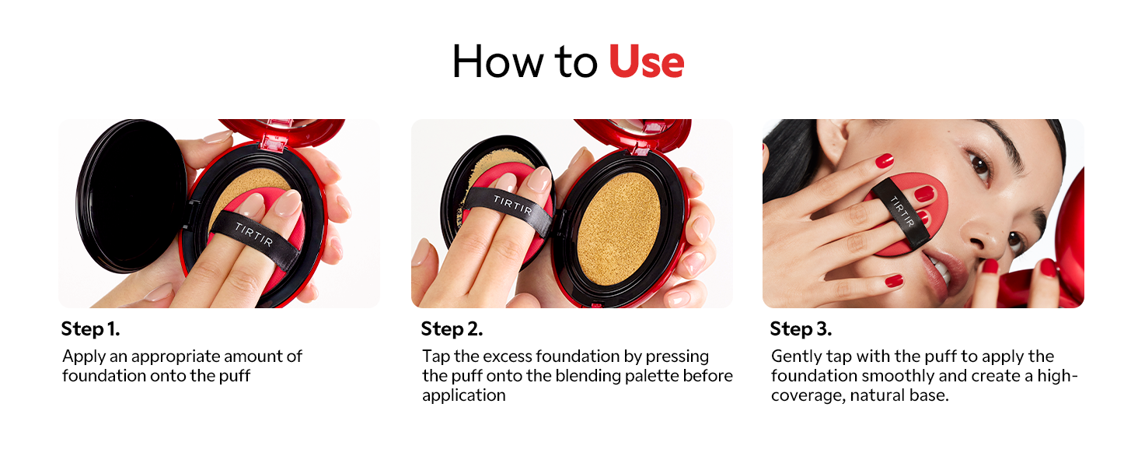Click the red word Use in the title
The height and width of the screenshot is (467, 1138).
(646, 61)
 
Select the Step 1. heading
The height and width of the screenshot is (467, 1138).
(90, 329)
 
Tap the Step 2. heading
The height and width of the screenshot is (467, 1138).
(452, 329)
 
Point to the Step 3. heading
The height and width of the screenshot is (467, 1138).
(801, 329)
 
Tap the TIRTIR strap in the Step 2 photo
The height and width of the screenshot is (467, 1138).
(510, 209)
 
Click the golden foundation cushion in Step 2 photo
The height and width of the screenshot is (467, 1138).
(618, 228)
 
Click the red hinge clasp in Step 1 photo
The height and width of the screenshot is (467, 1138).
(274, 144)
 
